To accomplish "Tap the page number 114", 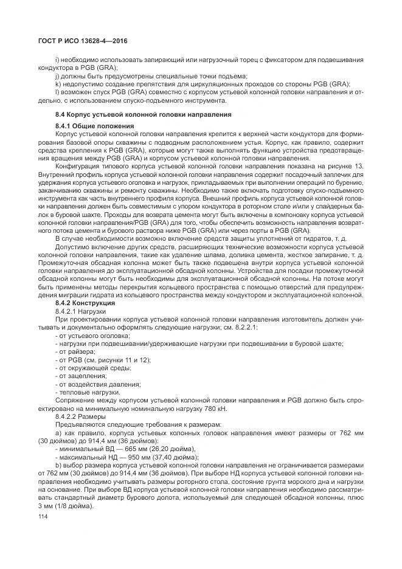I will point(43,516).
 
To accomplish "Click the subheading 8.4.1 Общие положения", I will point(94,125).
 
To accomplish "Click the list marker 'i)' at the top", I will point(57,60).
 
